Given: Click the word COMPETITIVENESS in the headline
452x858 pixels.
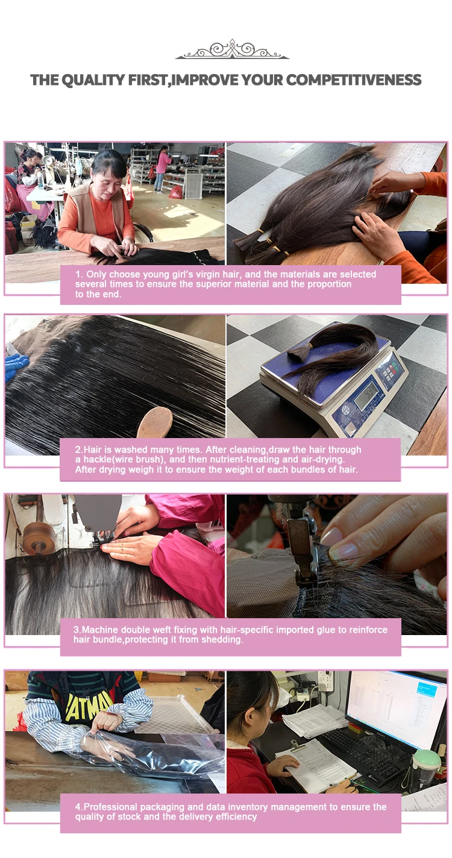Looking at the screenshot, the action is [354, 80].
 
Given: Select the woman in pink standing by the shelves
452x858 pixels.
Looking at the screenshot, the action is [162, 169].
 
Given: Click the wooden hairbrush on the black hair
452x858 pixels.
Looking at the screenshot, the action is [155, 421].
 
